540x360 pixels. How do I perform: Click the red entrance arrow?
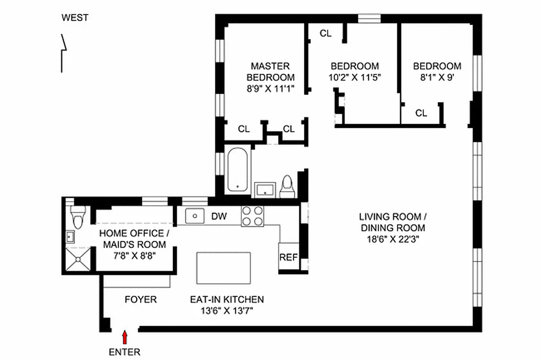tap(125, 337)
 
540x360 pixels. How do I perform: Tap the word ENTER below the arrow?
tap(125, 352)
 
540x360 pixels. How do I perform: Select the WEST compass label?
tap(75, 18)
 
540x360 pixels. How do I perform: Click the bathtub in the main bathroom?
tap(237, 170)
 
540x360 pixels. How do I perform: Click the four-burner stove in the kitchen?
tap(252, 216)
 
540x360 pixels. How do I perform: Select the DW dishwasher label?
tap(219, 216)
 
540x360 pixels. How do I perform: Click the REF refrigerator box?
tap(289, 257)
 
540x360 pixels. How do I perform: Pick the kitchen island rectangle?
tap(223, 267)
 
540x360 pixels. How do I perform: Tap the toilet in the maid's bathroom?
tap(78, 217)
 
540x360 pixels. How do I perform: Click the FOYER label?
tap(141, 299)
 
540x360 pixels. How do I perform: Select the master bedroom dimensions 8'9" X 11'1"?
tap(270, 89)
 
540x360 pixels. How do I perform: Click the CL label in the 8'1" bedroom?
tap(421, 113)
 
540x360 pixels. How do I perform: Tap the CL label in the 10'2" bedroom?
tap(326, 33)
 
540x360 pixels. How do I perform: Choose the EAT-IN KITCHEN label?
tap(227, 299)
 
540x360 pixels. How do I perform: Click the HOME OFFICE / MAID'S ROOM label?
tap(132, 239)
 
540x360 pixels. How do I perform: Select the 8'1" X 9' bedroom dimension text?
tap(437, 77)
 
